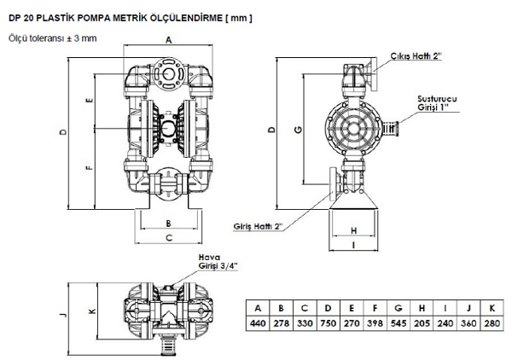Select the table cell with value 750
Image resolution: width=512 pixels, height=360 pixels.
tap(329, 324)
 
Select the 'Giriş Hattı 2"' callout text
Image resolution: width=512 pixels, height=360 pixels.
tap(258, 227)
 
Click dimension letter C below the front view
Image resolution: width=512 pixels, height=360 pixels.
tap(169, 237)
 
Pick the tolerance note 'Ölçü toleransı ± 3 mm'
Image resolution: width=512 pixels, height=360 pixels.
tap(49, 37)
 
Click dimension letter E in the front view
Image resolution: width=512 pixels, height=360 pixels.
tap(89, 99)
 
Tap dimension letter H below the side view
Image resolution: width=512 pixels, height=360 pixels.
tap(352, 229)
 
